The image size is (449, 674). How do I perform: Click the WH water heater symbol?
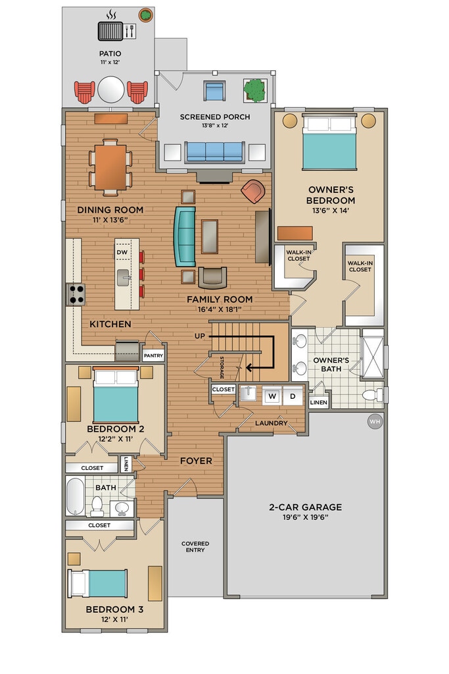[x=375, y=422]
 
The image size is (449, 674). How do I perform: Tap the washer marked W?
[x=272, y=396]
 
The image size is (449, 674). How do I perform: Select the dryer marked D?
[x=293, y=396]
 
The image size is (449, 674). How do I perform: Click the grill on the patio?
[x=110, y=31]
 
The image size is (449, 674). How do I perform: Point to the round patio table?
[x=110, y=90]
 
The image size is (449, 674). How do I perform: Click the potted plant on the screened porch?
[x=255, y=90]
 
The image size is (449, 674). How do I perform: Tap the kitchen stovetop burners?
[x=76, y=294]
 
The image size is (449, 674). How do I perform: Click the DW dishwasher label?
[x=122, y=252]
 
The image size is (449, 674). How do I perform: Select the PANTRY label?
[x=153, y=355]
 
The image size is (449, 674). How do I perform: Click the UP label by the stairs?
[x=200, y=336]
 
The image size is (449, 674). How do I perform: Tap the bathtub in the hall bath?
[x=75, y=496]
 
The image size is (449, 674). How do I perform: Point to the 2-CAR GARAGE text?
[x=305, y=507]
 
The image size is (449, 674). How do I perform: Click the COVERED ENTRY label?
[x=195, y=547]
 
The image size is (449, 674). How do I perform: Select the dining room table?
[x=110, y=167]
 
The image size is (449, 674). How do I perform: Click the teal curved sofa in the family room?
[x=185, y=236]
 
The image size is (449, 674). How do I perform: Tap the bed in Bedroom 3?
[x=98, y=583]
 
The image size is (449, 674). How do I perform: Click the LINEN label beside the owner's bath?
[x=318, y=403]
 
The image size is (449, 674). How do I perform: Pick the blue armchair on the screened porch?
[x=214, y=91]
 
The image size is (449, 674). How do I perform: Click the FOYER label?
[x=196, y=461]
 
